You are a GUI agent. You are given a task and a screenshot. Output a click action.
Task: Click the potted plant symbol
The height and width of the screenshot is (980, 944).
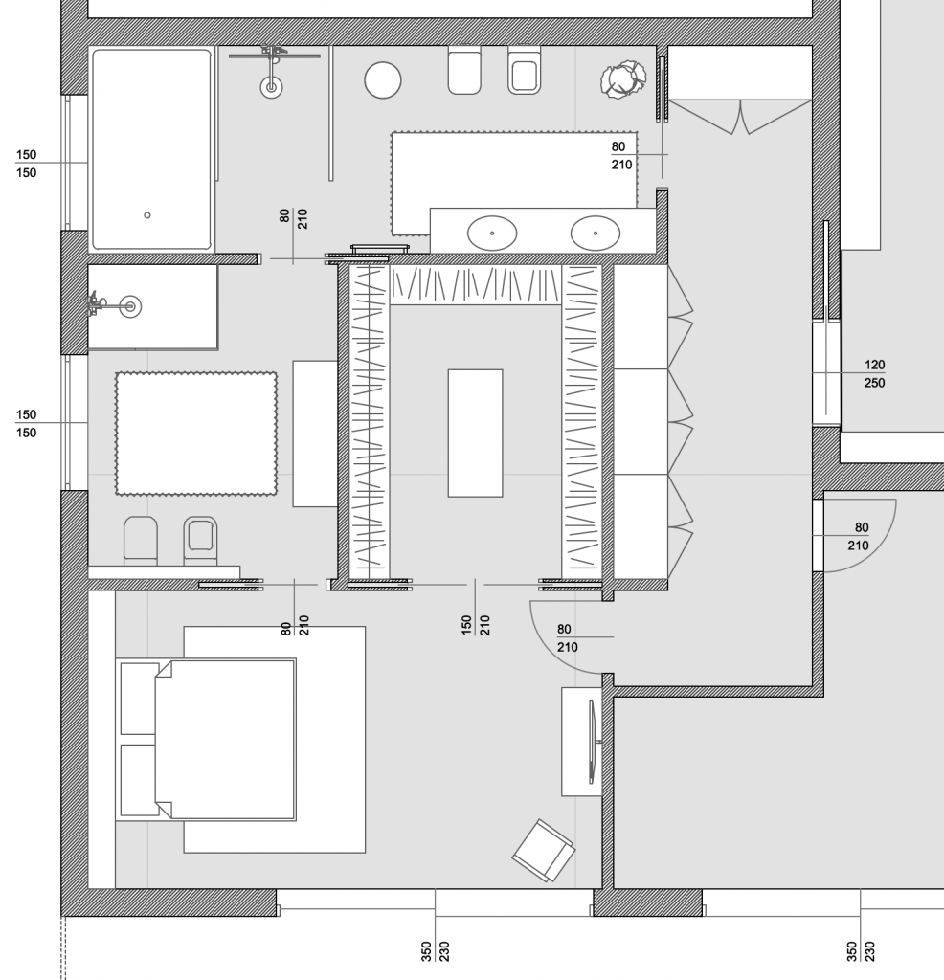pos(621,79)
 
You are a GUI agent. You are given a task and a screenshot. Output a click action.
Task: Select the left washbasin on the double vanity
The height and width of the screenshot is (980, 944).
pos(492,233)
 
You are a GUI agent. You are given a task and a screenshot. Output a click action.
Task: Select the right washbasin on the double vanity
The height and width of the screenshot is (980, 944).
pos(595,233)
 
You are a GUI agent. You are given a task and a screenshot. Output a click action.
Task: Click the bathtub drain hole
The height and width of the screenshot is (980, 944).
pos(147,215)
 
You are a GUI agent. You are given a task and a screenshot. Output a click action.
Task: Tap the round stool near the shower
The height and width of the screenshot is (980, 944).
pos(382,79)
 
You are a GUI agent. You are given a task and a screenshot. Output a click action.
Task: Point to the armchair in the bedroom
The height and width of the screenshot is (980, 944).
pos(544,849)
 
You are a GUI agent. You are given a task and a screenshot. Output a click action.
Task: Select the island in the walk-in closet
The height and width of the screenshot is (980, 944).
pos(475,433)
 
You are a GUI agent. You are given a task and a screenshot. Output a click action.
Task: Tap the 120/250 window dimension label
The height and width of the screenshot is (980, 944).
pos(873,373)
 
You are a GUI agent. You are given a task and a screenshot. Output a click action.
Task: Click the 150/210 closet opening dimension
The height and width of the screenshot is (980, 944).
pos(476,613)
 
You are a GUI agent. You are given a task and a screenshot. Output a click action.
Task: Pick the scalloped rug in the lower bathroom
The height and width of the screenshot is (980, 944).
pos(196,434)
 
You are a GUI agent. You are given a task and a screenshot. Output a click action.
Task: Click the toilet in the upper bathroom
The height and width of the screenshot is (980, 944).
pos(464,72)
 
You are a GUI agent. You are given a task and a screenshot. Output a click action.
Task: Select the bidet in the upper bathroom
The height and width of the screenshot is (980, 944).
pos(524,72)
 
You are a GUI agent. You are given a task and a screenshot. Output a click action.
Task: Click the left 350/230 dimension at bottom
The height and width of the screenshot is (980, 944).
pos(435,950)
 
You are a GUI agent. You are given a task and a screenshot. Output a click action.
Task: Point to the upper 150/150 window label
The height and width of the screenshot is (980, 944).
pos(26,164)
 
